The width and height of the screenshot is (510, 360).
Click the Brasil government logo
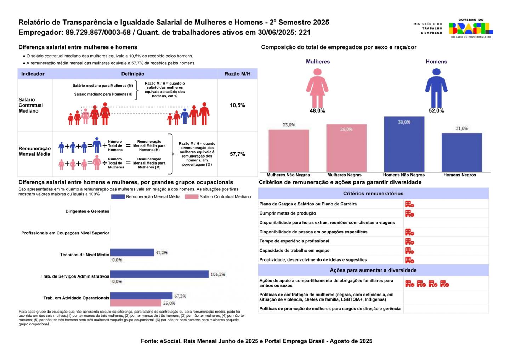coord(471,28)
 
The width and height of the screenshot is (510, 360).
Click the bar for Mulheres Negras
coord(346,148)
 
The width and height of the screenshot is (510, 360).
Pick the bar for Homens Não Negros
coord(404,144)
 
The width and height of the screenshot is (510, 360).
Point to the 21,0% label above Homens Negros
coord(462,128)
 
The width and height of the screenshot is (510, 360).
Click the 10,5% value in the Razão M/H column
coord(237,105)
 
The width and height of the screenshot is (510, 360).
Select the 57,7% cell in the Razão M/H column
coord(237,154)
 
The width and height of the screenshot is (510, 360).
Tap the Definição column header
coord(133,74)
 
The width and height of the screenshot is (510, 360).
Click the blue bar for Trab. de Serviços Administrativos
coord(159,274)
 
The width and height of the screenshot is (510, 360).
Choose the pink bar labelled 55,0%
coord(136,303)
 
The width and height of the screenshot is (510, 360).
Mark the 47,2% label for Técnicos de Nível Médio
coord(161,253)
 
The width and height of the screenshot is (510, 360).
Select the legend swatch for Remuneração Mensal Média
coord(118,197)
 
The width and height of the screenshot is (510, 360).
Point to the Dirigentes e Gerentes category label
coord(87,211)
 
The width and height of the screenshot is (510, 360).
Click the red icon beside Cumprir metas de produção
coord(409,213)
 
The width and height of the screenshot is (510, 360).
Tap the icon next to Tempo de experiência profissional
coord(409,241)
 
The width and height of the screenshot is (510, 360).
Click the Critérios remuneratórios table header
coord(373,194)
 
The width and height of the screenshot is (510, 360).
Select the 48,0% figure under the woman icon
coord(317,111)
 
